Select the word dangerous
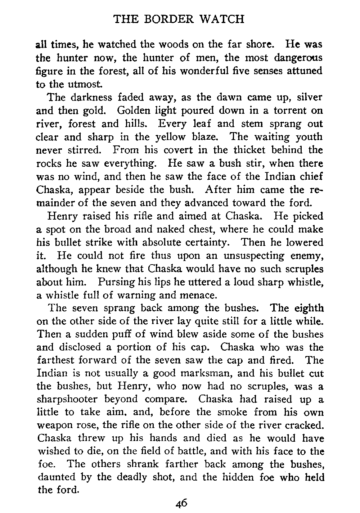tap(298, 58)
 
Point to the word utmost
tap(73, 84)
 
